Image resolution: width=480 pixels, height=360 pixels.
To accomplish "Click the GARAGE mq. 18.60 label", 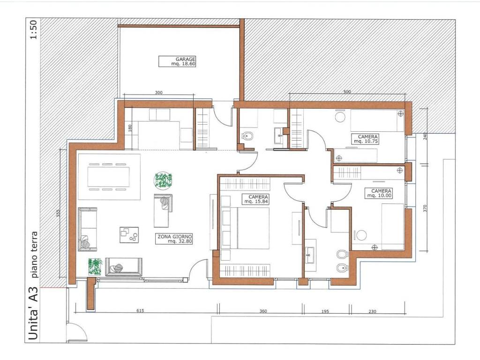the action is point(177,61).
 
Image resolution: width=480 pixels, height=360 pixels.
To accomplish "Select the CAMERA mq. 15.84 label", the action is point(255,199).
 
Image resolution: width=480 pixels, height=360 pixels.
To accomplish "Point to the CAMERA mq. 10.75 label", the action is point(366,139).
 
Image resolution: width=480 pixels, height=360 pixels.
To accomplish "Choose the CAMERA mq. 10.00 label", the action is point(379,193).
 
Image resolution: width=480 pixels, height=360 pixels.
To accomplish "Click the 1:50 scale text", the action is point(33,30).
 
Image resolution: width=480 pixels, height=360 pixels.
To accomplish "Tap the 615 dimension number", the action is point(140,311).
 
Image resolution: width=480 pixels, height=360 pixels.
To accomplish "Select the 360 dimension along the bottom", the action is point(263,311).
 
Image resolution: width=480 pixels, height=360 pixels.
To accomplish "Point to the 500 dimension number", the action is point(347,91).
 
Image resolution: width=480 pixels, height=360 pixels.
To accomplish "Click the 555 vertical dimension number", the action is point(58,213).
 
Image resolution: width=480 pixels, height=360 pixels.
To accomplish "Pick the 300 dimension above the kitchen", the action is point(158,92).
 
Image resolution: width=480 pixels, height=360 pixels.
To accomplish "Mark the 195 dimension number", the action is point(325,311).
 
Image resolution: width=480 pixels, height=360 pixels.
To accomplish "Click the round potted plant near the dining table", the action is point(163,180).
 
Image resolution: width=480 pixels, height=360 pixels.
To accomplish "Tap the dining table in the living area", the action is point(108,177).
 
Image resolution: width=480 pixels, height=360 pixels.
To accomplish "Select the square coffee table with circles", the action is point(129,235).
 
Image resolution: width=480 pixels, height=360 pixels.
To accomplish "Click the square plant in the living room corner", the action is point(95,267).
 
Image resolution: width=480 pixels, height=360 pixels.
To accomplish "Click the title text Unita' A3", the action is point(33,313).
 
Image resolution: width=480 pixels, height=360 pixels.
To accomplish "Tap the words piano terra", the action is point(35,254).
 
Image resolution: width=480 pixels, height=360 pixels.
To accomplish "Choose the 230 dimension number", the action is point(372,311).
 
